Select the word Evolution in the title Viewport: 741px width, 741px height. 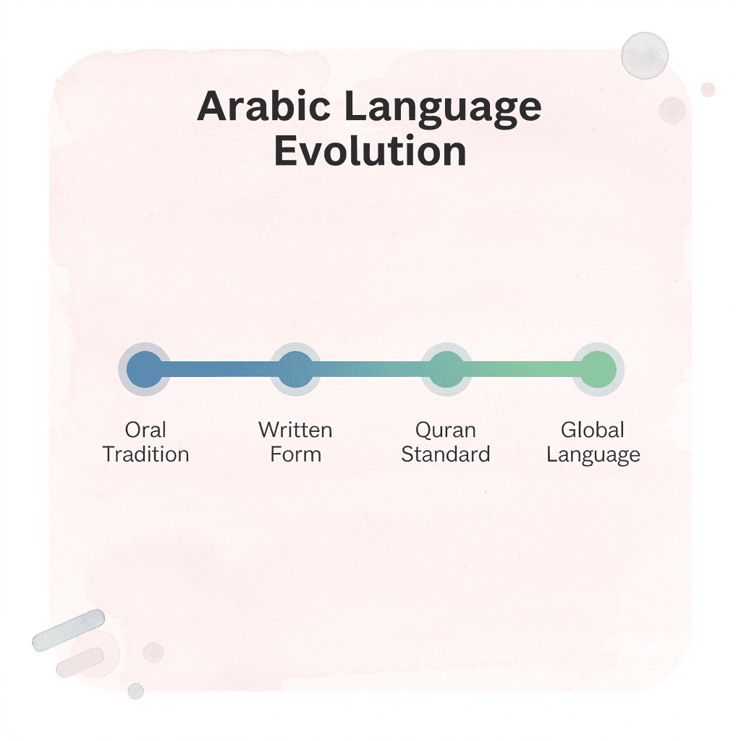370,151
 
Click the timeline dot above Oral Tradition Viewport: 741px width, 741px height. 145,369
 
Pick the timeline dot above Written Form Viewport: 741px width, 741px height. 295,369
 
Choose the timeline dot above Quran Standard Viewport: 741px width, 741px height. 446,369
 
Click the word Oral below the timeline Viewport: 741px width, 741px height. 145,430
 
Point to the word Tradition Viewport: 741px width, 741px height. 145,454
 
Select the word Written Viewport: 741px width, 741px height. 295,430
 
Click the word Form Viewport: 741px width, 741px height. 295,454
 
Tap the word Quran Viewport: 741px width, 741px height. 446,430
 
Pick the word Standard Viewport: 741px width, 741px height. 446,454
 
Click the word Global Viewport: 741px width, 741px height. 593,430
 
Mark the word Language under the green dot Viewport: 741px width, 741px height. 593,456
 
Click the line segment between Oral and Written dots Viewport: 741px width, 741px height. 220,369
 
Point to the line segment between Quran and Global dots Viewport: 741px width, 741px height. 522,369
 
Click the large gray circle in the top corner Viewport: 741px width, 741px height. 645,55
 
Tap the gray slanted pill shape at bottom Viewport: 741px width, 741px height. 69,630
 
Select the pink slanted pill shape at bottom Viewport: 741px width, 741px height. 80,661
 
